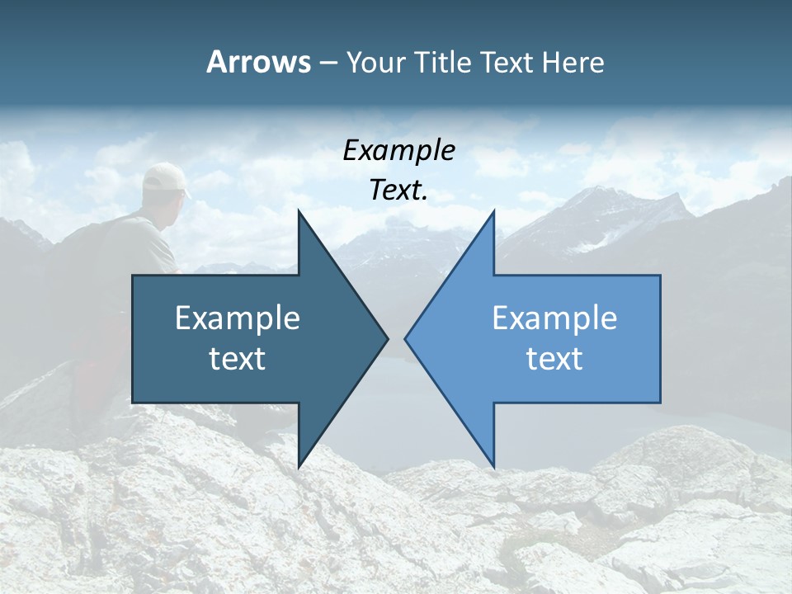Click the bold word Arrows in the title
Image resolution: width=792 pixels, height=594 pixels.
coord(259,62)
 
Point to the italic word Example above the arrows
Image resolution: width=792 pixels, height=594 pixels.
coord(399,150)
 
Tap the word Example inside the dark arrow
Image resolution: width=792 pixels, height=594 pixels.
coord(238,318)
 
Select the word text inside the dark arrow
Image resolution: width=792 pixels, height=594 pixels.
coord(238,358)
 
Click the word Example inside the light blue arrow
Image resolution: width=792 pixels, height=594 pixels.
coord(554,318)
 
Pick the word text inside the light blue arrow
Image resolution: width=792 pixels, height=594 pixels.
coord(554,358)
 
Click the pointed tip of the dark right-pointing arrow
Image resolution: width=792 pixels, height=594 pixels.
coord(387,338)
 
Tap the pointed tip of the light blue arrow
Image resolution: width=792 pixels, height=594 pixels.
coord(406,338)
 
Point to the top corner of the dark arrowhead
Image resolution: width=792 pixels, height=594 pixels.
coord(299,211)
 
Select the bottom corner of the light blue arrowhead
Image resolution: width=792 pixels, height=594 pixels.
coord(493,466)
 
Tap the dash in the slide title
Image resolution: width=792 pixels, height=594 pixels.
coord(328,63)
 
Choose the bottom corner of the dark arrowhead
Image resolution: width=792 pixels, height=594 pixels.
coord(299,466)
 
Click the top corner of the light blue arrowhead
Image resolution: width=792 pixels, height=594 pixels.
coord(493,211)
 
